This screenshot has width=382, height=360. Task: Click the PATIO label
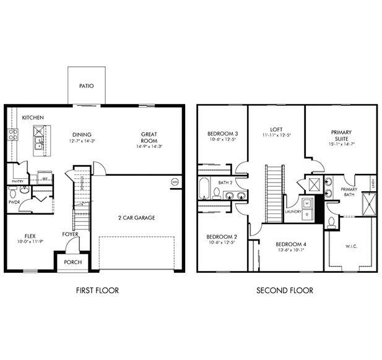point(87,85)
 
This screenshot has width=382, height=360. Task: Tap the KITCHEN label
point(33,117)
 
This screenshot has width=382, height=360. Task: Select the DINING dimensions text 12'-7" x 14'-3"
point(82,142)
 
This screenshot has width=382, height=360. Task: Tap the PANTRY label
point(17,181)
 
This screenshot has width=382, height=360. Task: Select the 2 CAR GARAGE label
point(136,218)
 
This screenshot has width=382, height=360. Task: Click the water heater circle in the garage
point(175,182)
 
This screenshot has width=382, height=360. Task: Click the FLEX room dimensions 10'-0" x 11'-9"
point(29,242)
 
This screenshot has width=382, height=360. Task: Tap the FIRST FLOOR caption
point(97,290)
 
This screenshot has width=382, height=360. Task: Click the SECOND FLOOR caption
point(285,290)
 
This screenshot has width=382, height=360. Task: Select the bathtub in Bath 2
point(206,188)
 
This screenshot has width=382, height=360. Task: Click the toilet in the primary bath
point(331,222)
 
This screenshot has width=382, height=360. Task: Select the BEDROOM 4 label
point(288,244)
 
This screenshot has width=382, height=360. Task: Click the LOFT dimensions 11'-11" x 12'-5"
point(276,135)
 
